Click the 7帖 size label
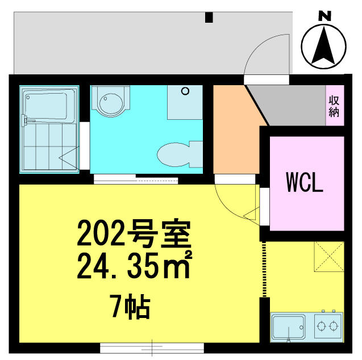(130, 308)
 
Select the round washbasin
(110, 103)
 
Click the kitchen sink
(290, 327)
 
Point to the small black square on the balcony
(209, 18)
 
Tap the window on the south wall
(152, 346)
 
